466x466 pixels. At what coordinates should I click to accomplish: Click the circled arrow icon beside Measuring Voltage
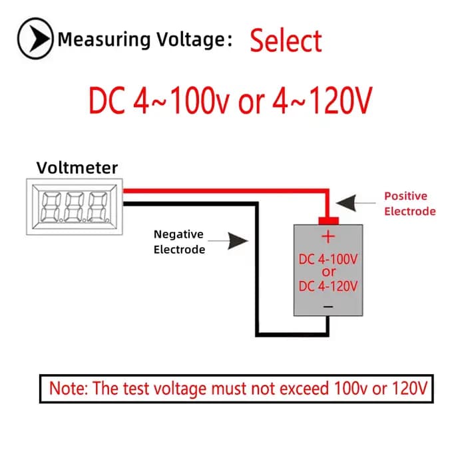(35, 39)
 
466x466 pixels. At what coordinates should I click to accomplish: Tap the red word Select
(286, 41)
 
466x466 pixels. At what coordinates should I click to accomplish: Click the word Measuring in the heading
(105, 40)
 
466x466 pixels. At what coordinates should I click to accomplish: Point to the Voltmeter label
(77, 168)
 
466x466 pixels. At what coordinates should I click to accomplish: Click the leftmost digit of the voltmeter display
(51, 207)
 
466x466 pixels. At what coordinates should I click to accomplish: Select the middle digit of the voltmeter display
(75, 207)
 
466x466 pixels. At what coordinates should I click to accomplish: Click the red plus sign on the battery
(328, 237)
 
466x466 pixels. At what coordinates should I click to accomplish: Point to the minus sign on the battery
(328, 306)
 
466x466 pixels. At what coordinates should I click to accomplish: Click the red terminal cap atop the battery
(328, 221)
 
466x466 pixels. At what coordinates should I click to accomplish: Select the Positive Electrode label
(410, 204)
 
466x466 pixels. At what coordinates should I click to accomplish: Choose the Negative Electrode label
(179, 242)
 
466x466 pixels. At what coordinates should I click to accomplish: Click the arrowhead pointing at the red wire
(346, 203)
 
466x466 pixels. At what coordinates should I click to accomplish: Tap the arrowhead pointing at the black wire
(238, 241)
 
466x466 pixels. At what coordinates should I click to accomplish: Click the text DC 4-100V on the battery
(328, 260)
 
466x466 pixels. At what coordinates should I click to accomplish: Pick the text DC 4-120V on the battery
(328, 286)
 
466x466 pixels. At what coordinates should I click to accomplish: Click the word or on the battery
(328, 272)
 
